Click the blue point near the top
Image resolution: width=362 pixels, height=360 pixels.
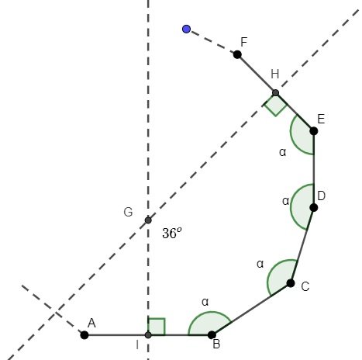click(x=186, y=29)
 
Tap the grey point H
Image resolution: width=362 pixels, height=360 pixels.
click(x=275, y=93)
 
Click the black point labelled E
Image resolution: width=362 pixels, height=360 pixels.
click(x=314, y=130)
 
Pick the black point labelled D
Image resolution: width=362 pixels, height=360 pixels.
click(x=314, y=207)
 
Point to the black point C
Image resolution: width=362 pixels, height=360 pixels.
click(x=291, y=283)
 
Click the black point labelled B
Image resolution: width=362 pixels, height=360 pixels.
click(x=212, y=335)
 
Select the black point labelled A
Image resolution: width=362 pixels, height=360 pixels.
click(x=84, y=335)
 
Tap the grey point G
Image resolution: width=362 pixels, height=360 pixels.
click(x=148, y=220)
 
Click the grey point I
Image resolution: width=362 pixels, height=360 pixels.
click(x=148, y=335)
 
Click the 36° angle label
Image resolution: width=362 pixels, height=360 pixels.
click(x=172, y=233)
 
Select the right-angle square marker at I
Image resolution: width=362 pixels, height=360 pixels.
click(x=157, y=327)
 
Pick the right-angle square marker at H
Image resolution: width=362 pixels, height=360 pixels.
click(x=275, y=104)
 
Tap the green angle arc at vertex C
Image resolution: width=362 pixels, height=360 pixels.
click(x=281, y=276)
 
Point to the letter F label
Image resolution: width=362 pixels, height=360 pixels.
click(x=245, y=41)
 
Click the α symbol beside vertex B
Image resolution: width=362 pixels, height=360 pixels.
click(x=205, y=301)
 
